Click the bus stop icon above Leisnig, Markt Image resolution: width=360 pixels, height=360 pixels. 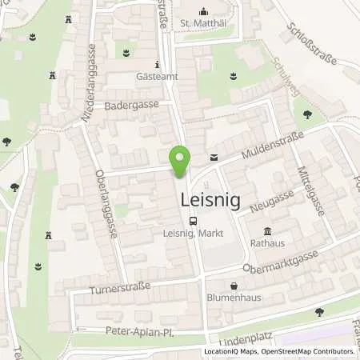click(x=192, y=222)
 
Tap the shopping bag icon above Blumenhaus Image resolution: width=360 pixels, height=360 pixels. click(x=234, y=285)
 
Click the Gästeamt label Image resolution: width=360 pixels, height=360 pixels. click(x=156, y=78)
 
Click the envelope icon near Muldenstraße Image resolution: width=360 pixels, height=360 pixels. click(x=213, y=157)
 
